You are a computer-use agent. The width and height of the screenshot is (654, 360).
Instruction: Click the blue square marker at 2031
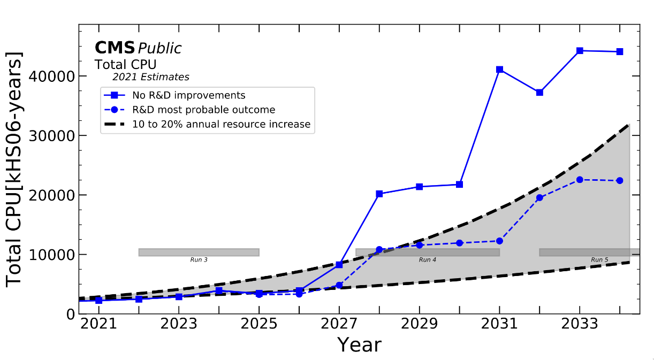[499, 70]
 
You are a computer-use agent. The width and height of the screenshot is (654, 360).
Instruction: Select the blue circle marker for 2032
[539, 197]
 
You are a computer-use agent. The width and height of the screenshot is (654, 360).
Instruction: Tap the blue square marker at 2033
[580, 51]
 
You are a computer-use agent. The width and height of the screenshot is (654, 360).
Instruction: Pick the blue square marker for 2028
[379, 194]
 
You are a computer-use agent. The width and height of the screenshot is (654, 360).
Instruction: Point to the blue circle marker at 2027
[339, 285]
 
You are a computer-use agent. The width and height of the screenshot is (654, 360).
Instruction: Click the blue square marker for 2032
[539, 93]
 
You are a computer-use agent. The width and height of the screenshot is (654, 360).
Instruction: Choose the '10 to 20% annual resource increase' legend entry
[221, 125]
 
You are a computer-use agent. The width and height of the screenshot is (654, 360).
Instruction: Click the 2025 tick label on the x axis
[259, 325]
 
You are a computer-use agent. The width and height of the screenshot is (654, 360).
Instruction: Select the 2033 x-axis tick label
[580, 325]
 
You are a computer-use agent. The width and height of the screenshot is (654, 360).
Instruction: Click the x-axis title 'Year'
[359, 344]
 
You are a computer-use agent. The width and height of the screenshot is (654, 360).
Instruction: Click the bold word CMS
[114, 48]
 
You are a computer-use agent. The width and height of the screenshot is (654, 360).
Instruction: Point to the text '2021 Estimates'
[150, 77]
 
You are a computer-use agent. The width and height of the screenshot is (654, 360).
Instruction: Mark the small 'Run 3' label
[199, 260]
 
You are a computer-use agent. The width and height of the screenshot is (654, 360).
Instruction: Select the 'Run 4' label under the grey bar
[427, 260]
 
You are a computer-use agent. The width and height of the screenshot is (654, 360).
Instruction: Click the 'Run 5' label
[599, 260]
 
